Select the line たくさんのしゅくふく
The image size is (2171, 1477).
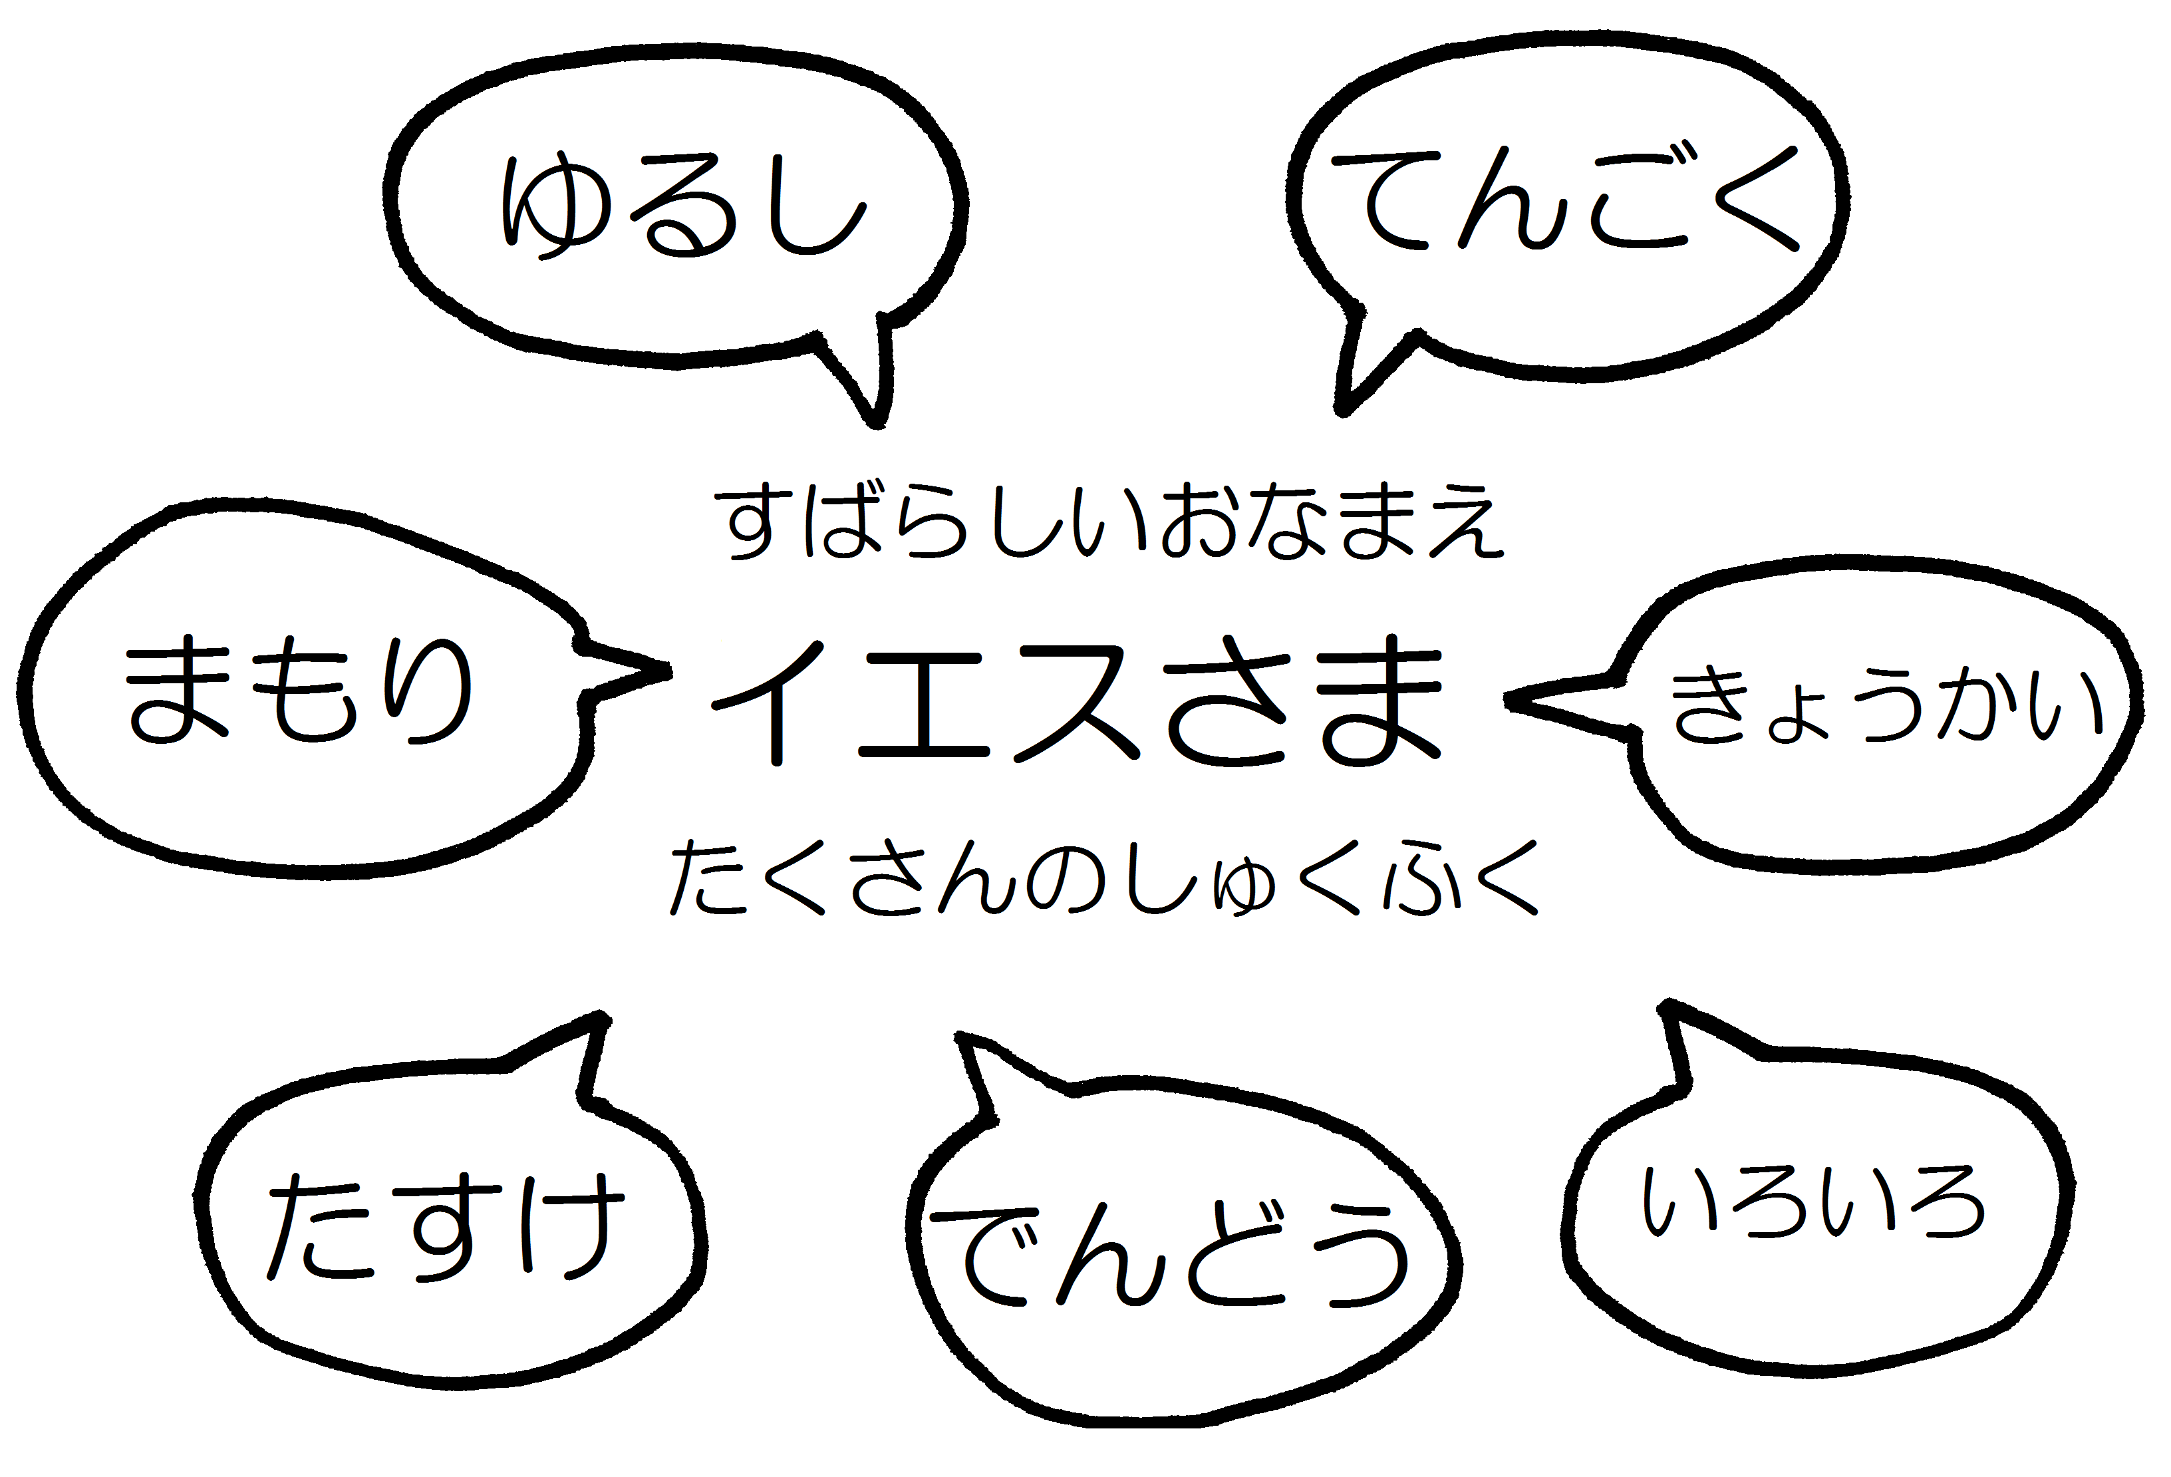(x=1102, y=878)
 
